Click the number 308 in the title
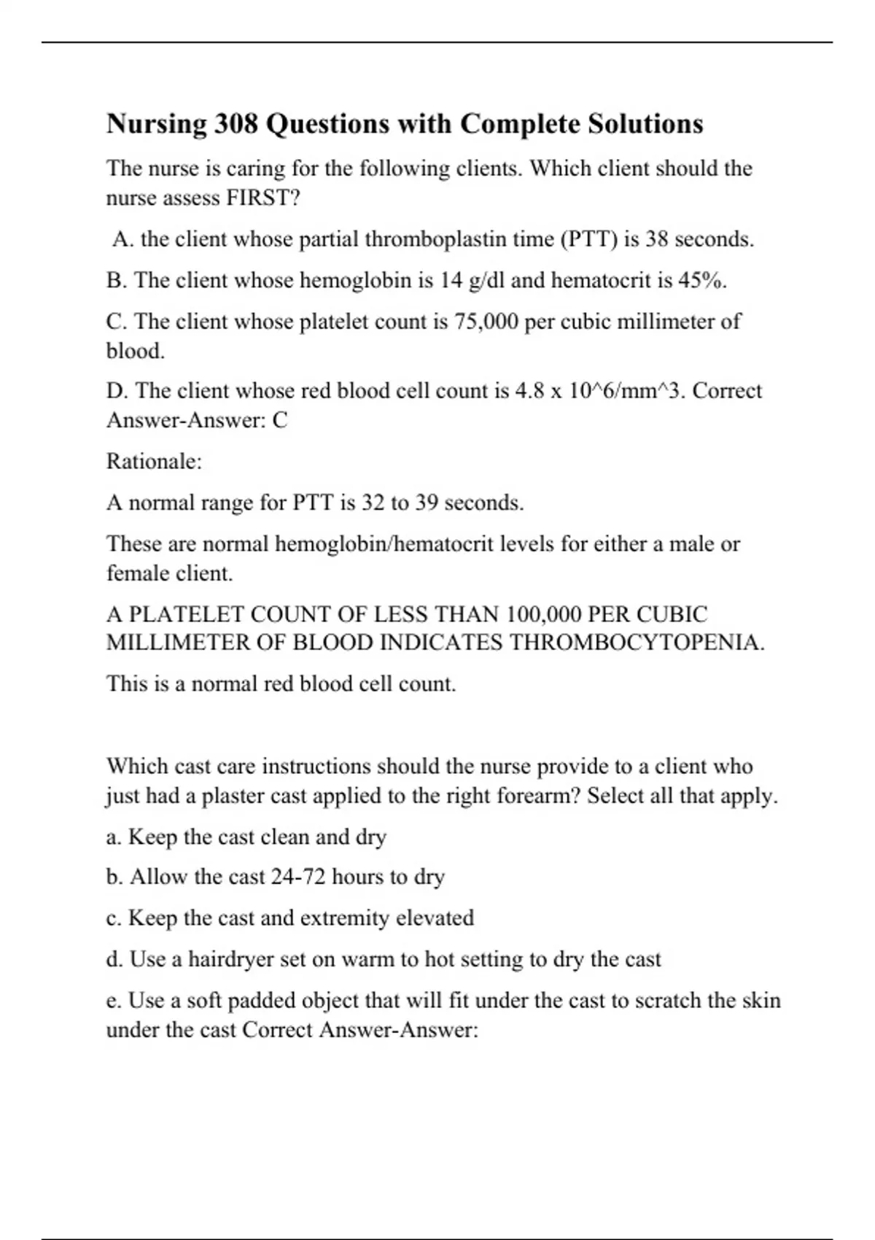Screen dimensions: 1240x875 (236, 124)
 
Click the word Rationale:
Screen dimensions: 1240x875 (154, 462)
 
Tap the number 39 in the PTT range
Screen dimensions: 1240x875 (427, 503)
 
